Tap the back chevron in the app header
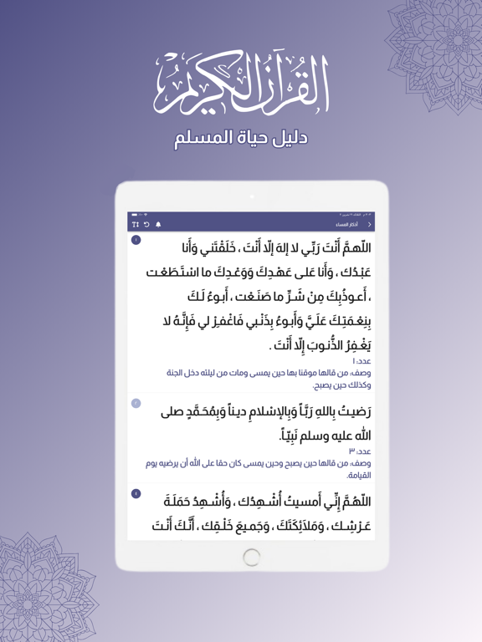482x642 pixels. point(370,225)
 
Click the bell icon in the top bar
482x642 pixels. point(158,225)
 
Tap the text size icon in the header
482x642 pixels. point(136,225)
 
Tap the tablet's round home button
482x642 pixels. point(252,557)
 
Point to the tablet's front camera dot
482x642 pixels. point(252,197)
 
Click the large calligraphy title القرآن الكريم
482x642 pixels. point(241,84)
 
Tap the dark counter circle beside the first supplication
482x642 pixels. point(136,240)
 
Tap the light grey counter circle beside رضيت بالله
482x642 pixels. point(136,404)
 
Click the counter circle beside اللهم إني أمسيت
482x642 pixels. point(136,494)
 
